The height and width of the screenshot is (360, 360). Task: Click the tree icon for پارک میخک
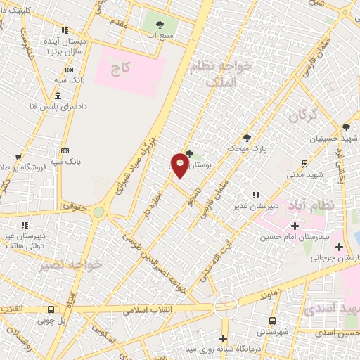(246, 138)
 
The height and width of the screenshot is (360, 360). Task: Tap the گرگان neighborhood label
(304, 112)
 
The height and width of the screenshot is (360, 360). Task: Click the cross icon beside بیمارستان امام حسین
(294, 226)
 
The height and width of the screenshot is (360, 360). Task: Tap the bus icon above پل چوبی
(51, 309)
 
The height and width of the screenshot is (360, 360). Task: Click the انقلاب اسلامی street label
(148, 309)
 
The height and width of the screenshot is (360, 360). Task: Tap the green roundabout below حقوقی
(98, 212)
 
